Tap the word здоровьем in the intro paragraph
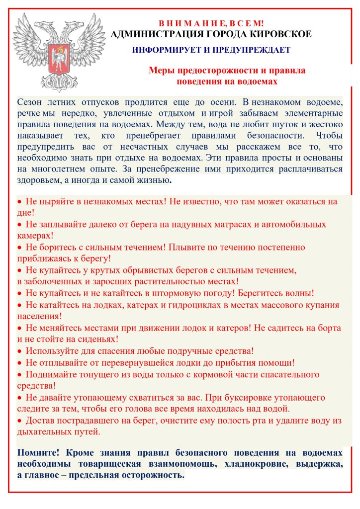point(39,180)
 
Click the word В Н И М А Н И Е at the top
point(191,23)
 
